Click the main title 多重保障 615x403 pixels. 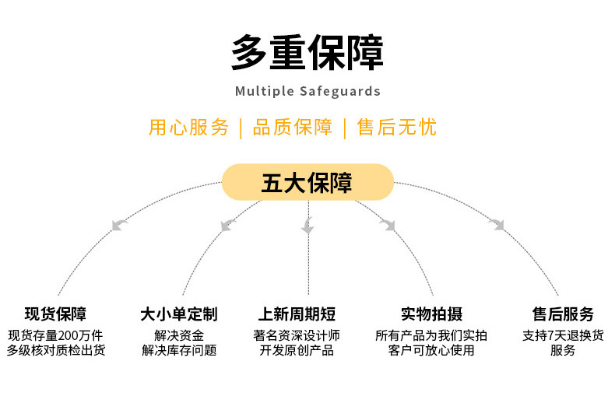click(307, 54)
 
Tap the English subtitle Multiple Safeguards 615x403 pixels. click(307, 91)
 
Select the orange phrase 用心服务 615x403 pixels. click(188, 128)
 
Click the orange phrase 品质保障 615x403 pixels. click(292, 128)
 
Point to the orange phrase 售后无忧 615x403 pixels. click(396, 128)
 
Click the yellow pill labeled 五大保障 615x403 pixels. click(307, 183)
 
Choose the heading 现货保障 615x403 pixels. click(55, 314)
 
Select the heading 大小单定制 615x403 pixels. click(178, 314)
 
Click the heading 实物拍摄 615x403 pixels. click(431, 314)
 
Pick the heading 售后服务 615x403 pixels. click(563, 314)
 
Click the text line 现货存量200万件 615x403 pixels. click(55, 335)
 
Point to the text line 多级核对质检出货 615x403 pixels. click(55, 350)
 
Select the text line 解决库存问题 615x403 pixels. click(178, 350)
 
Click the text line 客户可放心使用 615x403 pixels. click(431, 350)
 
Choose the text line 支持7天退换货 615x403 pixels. click(563, 335)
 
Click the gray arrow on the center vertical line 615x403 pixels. click(307, 226)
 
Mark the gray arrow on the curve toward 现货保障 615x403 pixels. click(119, 225)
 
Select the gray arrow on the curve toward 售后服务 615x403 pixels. click(496, 225)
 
